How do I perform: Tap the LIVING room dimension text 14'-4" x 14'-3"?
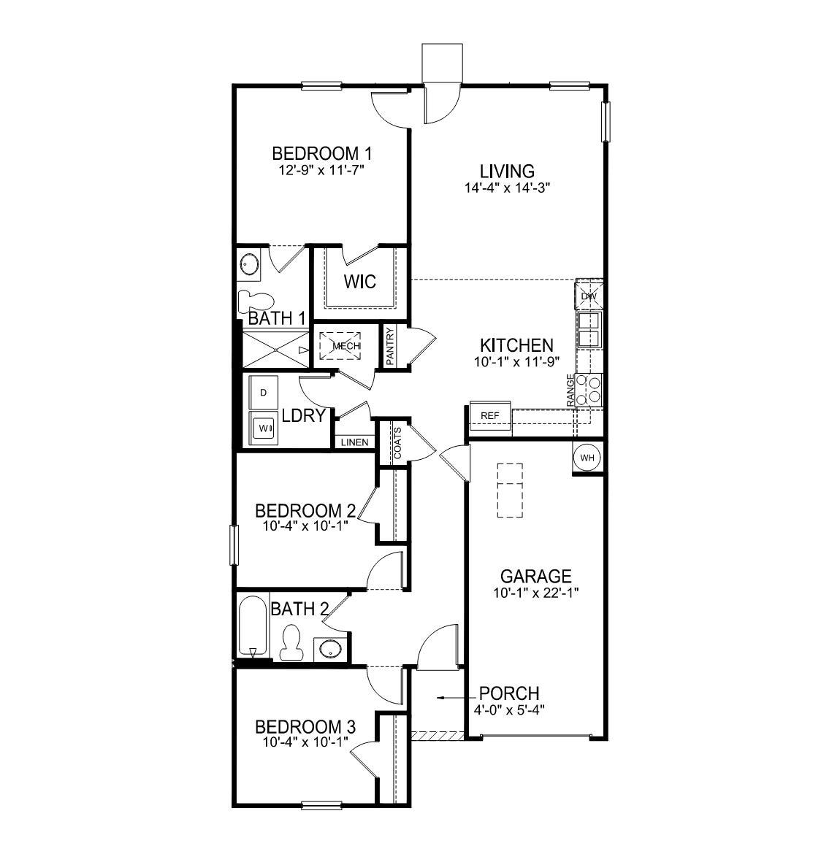[x=507, y=187]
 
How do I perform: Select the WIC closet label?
[x=360, y=281]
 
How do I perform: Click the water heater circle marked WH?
[x=588, y=458]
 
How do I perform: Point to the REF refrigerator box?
[x=490, y=415]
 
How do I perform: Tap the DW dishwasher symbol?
[x=589, y=296]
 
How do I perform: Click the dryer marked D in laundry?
[x=264, y=393]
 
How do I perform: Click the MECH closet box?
[x=346, y=346]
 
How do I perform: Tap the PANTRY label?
[x=391, y=347]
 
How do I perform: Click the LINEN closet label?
[x=355, y=442]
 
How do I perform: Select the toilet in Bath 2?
[x=291, y=642]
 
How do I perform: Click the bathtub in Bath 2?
[x=252, y=626]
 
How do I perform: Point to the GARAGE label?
[x=535, y=577]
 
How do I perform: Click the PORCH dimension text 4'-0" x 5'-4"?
[x=511, y=708]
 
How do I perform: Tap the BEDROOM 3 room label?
[x=305, y=727]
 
